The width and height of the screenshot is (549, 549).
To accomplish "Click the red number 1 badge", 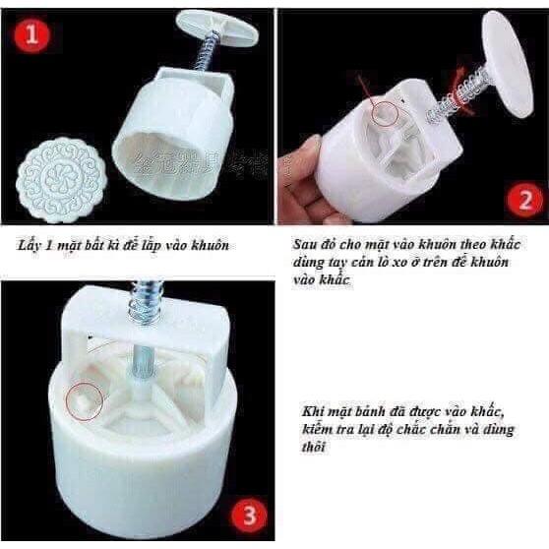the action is [x=31, y=35].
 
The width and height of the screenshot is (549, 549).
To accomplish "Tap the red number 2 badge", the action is [x=524, y=201].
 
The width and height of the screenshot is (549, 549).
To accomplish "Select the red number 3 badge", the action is [x=249, y=517].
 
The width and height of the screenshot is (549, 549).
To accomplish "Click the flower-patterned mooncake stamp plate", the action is [x=57, y=180].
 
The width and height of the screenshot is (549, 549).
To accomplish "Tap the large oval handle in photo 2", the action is [x=508, y=64].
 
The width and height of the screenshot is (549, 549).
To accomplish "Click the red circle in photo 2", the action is [x=385, y=113].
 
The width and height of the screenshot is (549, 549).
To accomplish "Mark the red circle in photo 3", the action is [x=85, y=400].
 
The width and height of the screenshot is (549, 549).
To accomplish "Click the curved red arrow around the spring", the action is [x=462, y=92].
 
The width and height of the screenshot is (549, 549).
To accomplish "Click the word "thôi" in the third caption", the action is [x=314, y=447].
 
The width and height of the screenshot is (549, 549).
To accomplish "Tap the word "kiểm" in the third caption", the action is [x=317, y=429].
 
